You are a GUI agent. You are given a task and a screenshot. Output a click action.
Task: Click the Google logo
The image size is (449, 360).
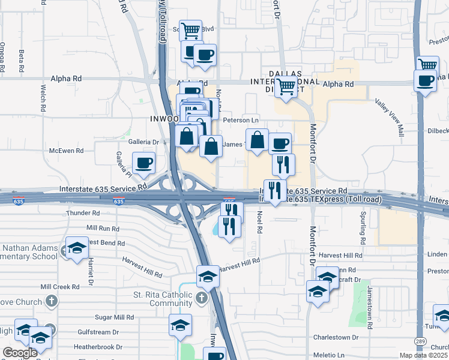point(20,353)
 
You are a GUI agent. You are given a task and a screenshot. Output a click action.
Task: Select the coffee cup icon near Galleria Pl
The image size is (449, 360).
point(143,163)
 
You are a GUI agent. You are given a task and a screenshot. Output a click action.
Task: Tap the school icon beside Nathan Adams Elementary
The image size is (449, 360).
point(77,248)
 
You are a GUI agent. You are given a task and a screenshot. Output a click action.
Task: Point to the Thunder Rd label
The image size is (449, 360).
point(83,213)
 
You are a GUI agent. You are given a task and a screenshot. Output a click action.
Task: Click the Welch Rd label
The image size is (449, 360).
point(44,100)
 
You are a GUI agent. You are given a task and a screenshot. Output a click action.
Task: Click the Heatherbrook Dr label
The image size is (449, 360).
point(98,347)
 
